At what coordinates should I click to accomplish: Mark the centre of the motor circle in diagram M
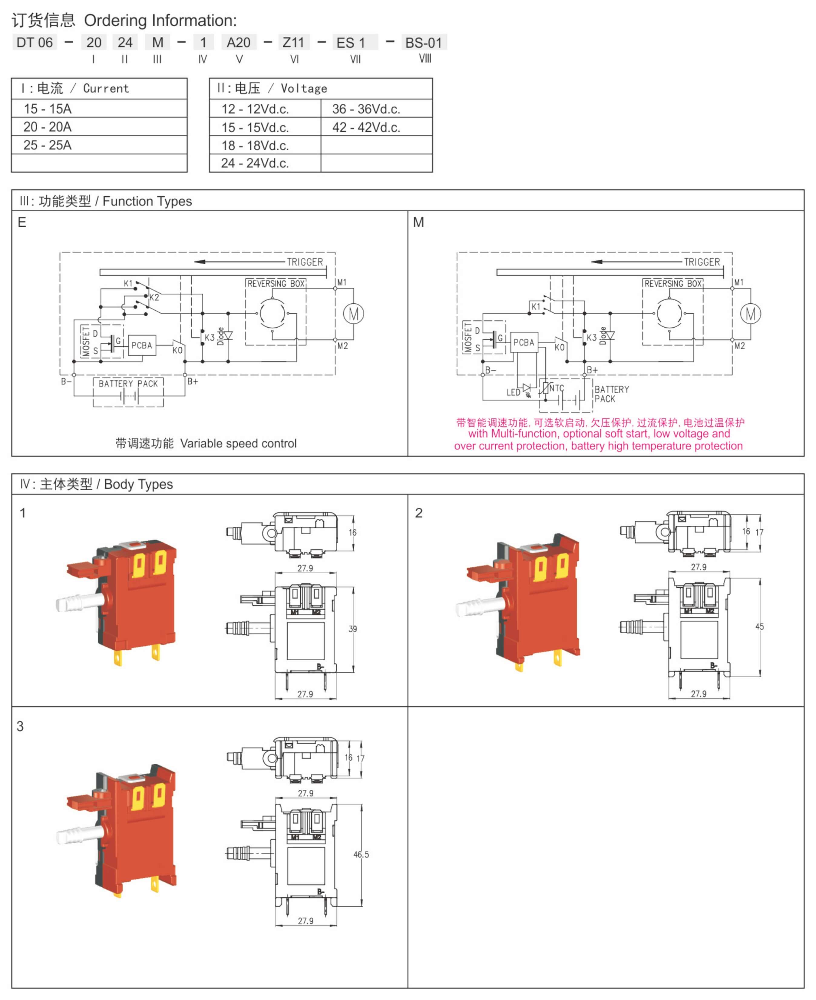coord(750,314)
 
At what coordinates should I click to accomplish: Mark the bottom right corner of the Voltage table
coord(432,172)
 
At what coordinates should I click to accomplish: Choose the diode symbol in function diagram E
coord(228,335)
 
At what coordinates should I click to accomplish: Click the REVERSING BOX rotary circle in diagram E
coord(273,313)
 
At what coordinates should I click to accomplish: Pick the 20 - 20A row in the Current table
coord(99,127)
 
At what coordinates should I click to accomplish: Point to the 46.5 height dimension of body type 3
coord(361,855)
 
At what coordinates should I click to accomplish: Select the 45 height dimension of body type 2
coord(760,627)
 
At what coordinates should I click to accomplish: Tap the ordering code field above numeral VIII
coord(424,42)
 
